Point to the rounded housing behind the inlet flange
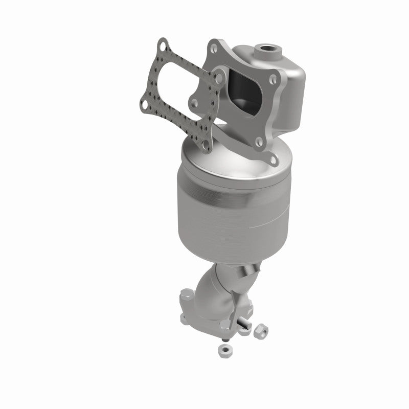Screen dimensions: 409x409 [x=286, y=87]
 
